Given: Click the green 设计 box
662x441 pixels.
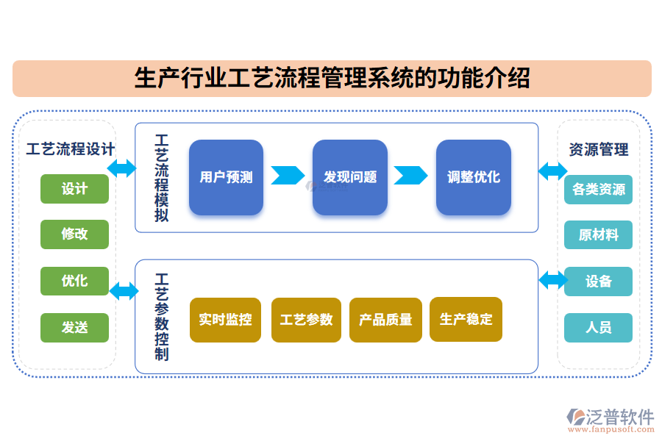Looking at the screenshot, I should point(74,189).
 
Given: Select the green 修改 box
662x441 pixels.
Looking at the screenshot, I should point(74,234).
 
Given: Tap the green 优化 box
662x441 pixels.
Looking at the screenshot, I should point(74,281).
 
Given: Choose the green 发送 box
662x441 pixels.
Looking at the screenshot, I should point(74,327).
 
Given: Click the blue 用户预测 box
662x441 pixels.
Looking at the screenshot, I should point(226,177).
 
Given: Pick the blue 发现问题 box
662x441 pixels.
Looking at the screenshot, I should point(349,177).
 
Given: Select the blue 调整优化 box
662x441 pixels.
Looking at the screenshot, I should point(473,177).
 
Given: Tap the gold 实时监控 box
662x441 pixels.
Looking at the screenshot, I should point(225,320).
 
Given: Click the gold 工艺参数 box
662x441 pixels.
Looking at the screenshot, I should point(306,320).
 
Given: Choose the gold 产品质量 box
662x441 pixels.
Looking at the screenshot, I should point(385,320).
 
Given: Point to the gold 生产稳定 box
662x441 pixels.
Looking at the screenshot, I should point(466,319).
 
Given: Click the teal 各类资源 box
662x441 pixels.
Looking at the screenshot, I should point(598,189).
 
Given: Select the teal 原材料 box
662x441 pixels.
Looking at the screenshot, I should point(598,235).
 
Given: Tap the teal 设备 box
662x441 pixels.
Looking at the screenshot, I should point(598,282).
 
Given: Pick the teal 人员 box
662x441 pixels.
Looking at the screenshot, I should point(598,328).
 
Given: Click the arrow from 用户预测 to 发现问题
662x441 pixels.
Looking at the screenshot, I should point(288,176).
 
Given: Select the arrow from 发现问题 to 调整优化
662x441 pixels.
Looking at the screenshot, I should point(410,176).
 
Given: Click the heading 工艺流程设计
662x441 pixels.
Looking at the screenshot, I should point(70,149).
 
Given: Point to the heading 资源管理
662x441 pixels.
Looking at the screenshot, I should point(599,150).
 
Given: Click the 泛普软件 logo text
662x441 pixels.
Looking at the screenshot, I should point(619,417).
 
